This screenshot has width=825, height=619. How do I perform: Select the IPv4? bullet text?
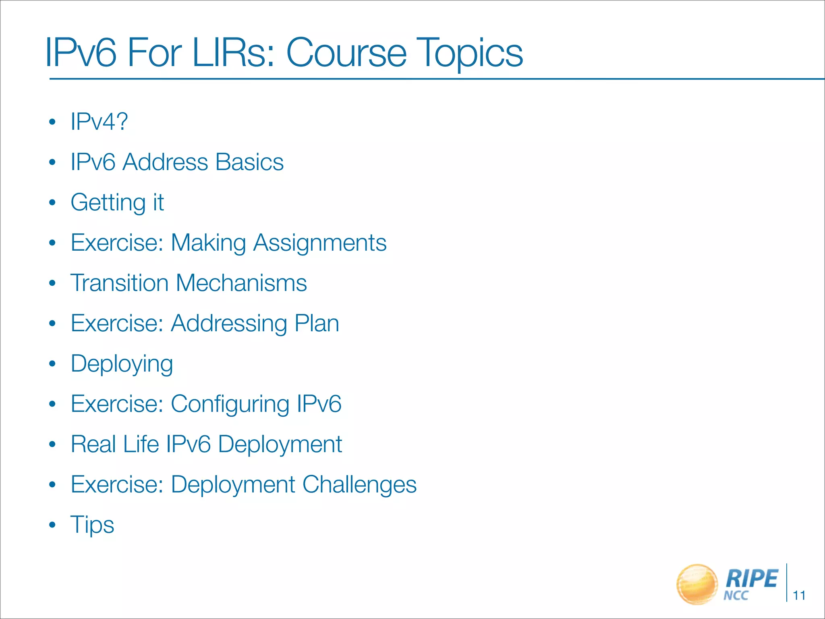point(99,121)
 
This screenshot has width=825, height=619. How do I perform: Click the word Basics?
point(249,162)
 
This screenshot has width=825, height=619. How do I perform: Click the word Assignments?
point(320,243)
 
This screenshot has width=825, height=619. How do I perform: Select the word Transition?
point(119,283)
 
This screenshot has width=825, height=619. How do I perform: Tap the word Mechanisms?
point(241,283)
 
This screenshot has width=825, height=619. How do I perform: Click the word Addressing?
point(229,324)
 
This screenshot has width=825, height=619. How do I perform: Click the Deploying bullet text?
point(122,364)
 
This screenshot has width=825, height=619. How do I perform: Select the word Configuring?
point(230,404)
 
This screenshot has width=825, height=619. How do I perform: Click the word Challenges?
point(359,484)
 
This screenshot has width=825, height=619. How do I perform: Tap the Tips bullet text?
point(92,525)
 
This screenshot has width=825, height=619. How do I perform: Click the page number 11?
point(799,595)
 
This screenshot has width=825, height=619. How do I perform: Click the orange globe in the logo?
point(697,584)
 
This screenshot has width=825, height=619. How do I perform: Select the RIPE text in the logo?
point(751,579)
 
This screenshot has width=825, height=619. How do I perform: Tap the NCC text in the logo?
point(736,596)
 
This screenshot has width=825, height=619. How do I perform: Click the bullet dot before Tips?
point(52,525)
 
